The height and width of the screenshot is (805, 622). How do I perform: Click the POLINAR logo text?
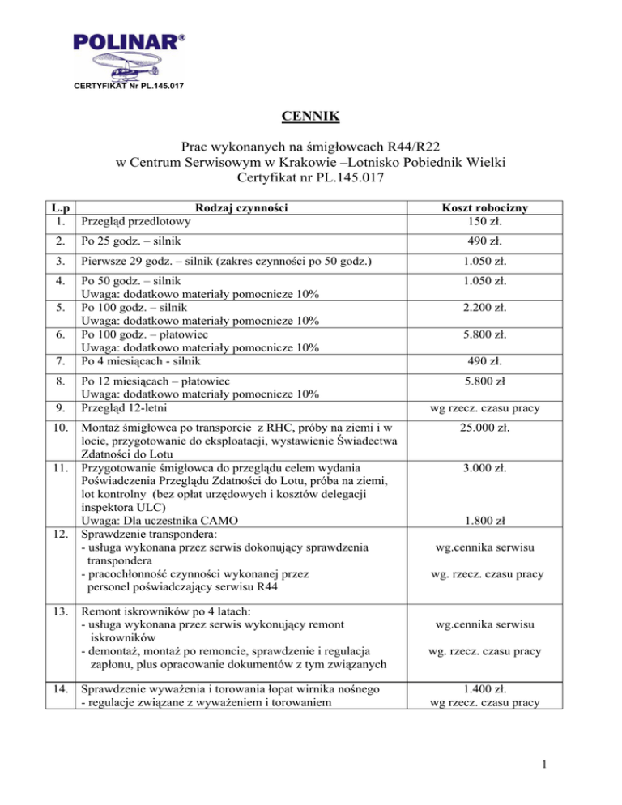point(121,40)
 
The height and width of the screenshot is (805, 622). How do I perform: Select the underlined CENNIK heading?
point(310,121)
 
